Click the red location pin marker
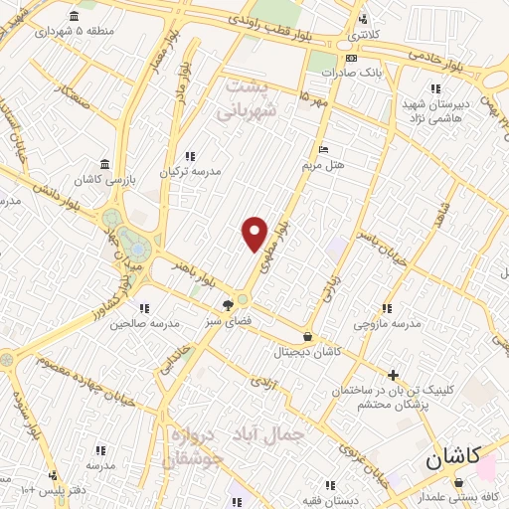(x=254, y=234)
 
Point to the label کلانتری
(x=363, y=35)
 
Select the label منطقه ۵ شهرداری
(x=72, y=31)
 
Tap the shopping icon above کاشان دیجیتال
(x=307, y=337)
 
